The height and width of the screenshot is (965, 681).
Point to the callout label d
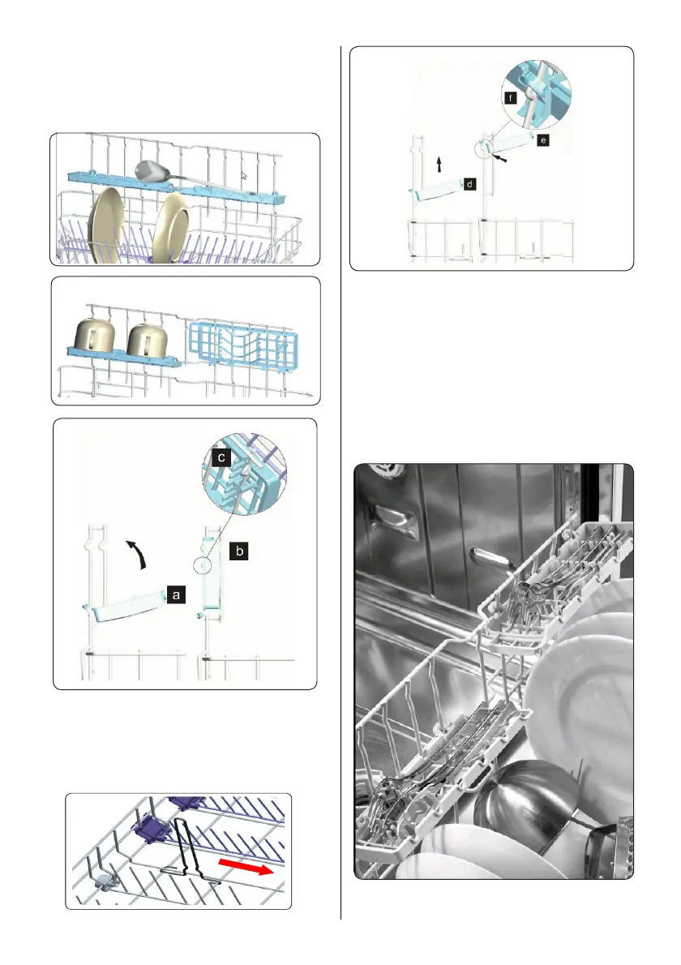coord(470,185)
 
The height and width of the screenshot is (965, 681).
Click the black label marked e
coord(542,140)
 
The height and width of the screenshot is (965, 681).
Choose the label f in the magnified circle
coord(510,96)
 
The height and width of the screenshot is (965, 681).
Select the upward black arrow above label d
coord(439,165)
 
